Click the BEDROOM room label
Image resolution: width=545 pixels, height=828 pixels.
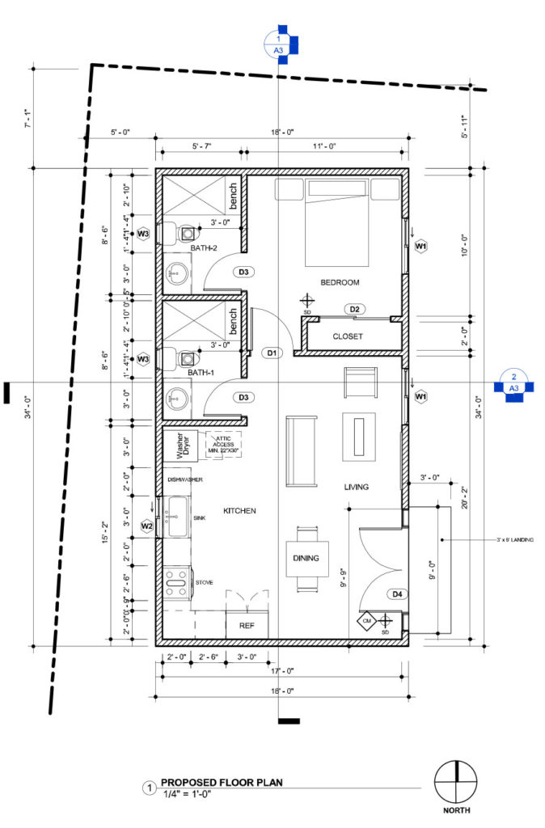click(340, 282)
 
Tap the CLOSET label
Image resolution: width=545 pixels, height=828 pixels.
click(348, 336)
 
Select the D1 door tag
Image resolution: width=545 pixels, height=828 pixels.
click(272, 353)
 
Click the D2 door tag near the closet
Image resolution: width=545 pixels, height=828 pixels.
click(353, 309)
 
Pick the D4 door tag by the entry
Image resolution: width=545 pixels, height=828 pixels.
click(397, 594)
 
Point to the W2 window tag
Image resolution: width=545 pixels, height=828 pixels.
click(147, 526)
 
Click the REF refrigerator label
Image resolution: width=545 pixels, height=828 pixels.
click(246, 625)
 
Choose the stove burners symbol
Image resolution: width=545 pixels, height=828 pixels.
click(176, 581)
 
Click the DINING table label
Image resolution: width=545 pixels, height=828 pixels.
click(306, 558)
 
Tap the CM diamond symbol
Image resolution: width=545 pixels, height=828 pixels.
click(366, 621)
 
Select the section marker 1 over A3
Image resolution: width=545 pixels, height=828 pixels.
click(279, 44)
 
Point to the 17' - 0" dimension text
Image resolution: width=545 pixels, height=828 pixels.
click(283, 670)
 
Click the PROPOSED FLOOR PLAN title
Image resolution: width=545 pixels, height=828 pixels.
click(222, 782)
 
